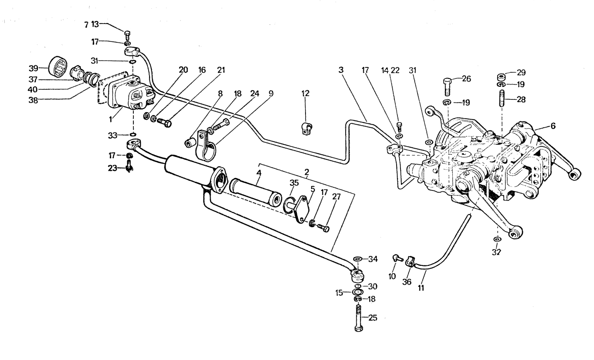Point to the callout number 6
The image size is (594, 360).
coord(553,125)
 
